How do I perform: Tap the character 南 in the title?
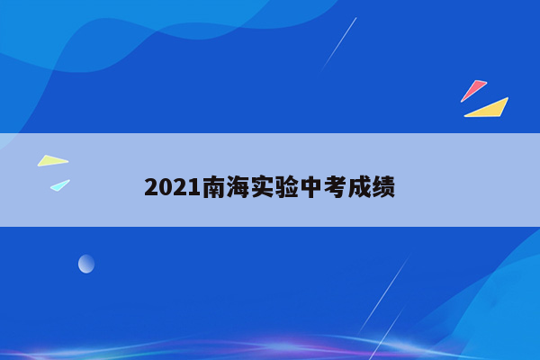215,188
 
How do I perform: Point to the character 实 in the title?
264,188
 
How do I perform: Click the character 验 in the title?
288,188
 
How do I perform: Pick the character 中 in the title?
312,188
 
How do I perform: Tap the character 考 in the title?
337,188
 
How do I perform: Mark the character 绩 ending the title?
384,188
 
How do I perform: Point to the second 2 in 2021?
181,188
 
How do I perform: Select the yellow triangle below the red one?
490,109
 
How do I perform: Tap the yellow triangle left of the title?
52,161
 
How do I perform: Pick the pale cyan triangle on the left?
59,184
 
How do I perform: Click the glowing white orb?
86,264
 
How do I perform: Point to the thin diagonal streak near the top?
339,43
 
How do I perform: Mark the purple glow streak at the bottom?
297,346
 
